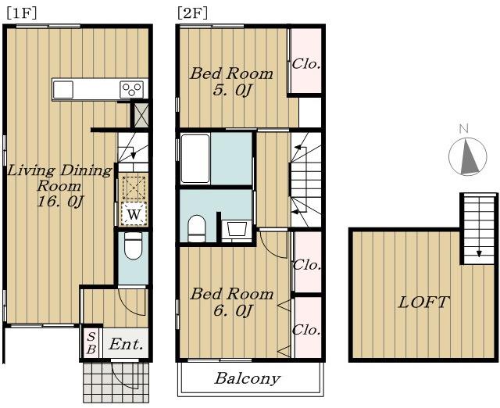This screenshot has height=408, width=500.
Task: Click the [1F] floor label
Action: pyautogui.click(x=21, y=13)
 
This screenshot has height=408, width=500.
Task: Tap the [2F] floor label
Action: pyautogui.click(x=192, y=13)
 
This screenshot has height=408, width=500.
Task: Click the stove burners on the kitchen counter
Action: pyautogui.click(x=132, y=89)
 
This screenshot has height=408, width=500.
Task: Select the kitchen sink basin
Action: pyautogui.click(x=63, y=89)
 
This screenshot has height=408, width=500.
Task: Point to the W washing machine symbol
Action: pyautogui.click(x=134, y=214)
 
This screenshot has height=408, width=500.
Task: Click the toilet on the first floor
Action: pyautogui.click(x=133, y=245)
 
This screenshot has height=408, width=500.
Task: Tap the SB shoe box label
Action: pyautogui.click(x=91, y=343)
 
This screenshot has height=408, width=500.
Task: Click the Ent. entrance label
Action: pyautogui.click(x=126, y=345)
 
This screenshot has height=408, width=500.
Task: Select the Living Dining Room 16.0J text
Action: pyautogui.click(x=59, y=186)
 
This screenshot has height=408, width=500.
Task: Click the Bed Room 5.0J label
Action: pyautogui.click(x=232, y=82)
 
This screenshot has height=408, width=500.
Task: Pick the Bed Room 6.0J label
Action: pyautogui.click(x=232, y=302)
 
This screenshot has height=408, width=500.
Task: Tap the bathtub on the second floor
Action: pyautogui.click(x=195, y=158)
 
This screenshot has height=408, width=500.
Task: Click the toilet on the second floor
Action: pyautogui.click(x=196, y=229)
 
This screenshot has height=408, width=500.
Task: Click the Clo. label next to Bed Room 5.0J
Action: pyautogui.click(x=306, y=64)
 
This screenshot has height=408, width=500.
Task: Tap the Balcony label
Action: pyautogui.click(x=248, y=378)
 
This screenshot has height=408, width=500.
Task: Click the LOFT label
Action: pyautogui.click(x=424, y=302)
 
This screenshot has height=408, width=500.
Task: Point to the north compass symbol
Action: pyautogui.click(x=468, y=156)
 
